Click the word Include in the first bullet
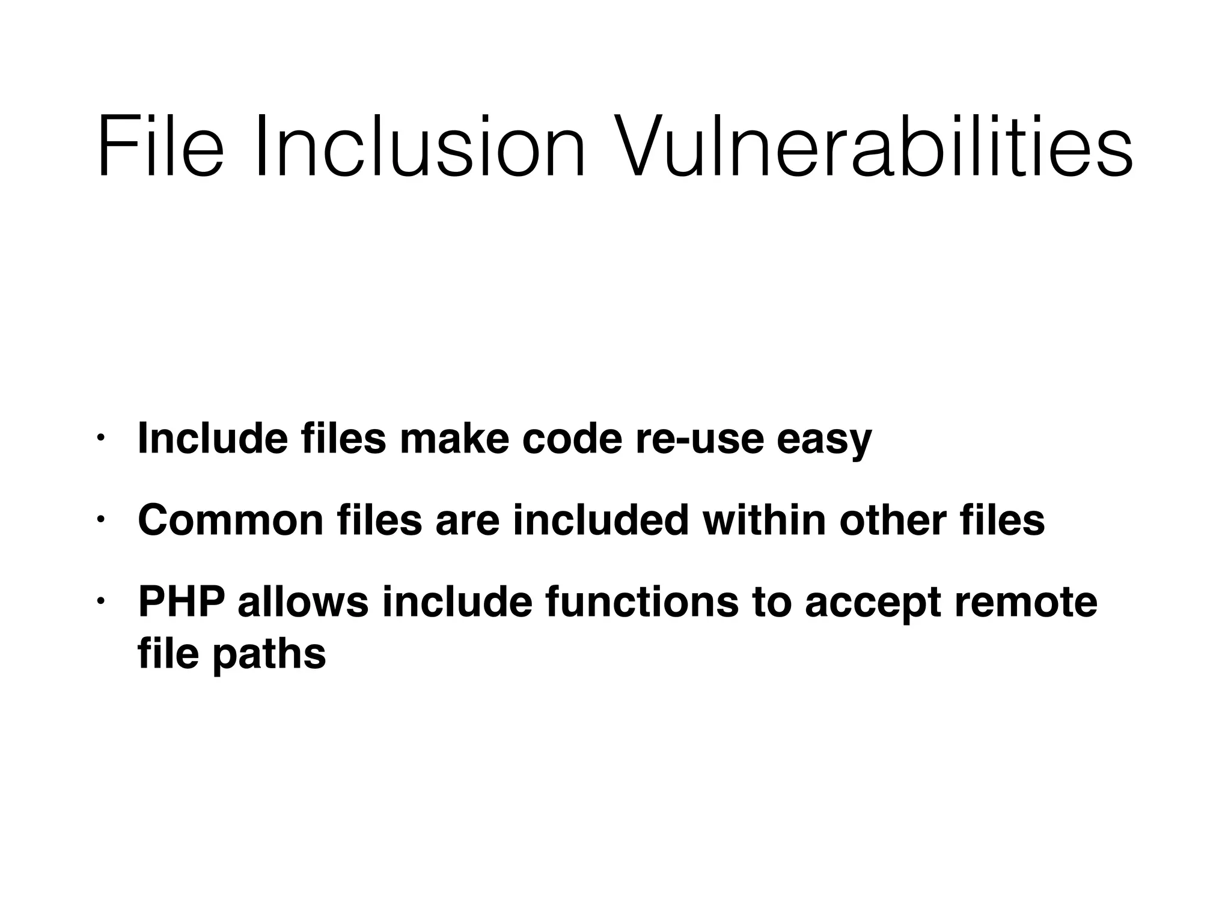point(213,439)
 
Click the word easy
point(823,442)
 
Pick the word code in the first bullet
point(572,439)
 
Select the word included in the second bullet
point(600,520)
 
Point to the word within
point(764,520)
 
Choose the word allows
point(303,602)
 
